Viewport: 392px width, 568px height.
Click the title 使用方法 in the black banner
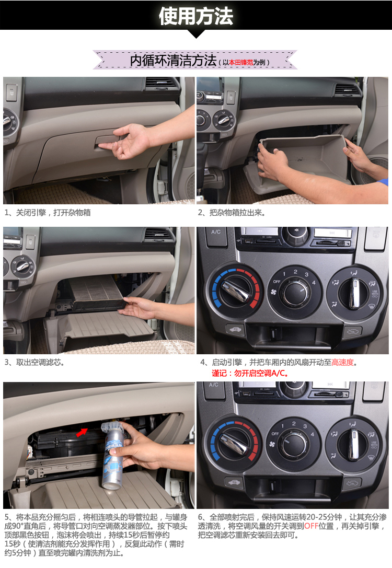click(195, 16)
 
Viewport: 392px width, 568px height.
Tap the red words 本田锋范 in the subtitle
click(240, 62)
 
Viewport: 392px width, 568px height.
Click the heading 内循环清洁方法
click(173, 61)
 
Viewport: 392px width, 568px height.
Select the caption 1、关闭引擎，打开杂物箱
click(48, 213)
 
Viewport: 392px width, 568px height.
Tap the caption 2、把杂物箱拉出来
click(232, 213)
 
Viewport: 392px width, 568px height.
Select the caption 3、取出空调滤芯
click(34, 362)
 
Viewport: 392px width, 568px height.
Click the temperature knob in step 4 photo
click(236, 291)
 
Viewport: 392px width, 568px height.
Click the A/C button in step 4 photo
click(216, 233)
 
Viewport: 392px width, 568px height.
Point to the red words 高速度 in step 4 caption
click(343, 362)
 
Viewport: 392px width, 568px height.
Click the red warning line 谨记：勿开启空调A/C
click(250, 373)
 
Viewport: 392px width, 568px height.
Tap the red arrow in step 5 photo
click(82, 432)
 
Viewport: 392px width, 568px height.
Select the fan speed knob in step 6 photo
click(293, 444)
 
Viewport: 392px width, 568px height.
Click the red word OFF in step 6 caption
click(311, 526)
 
